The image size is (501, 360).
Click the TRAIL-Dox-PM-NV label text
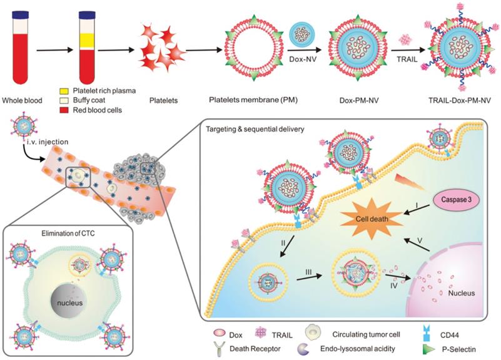(463, 100)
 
